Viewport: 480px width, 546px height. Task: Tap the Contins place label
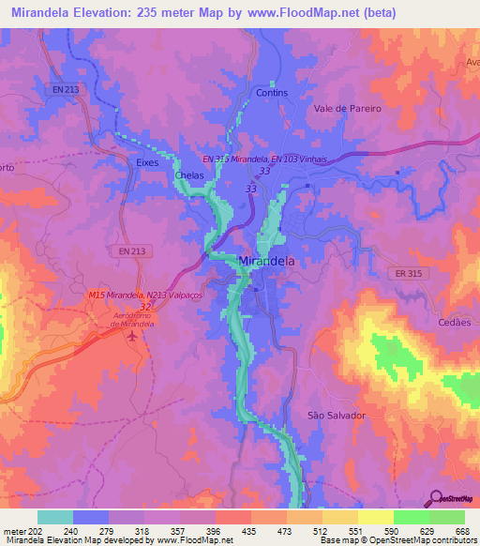pyautogui.click(x=271, y=93)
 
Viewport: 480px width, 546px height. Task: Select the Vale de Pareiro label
pyautogui.click(x=348, y=109)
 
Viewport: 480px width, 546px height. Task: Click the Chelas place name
pyautogui.click(x=190, y=174)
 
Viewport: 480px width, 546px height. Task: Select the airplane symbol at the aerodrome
pyautogui.click(x=132, y=334)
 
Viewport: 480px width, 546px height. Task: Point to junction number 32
pyautogui.click(x=144, y=306)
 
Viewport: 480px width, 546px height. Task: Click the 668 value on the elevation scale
pyautogui.click(x=460, y=531)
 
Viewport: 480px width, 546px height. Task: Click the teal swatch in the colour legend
pyautogui.click(x=55, y=517)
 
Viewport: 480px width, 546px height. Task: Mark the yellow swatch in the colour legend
pyautogui.click(x=338, y=517)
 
